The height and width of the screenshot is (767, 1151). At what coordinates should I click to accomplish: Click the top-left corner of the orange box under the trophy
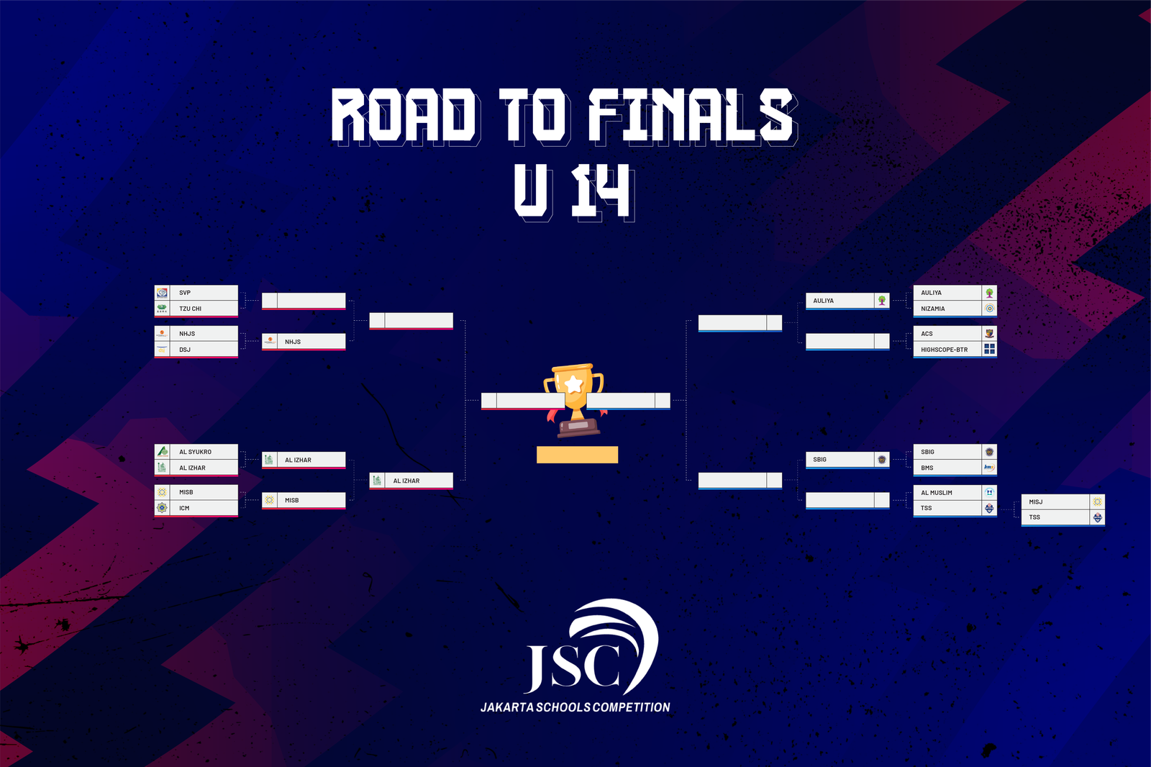(537, 446)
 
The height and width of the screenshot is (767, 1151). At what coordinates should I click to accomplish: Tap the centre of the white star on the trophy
(574, 383)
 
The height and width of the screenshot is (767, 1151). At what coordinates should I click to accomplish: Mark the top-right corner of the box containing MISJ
(1105, 494)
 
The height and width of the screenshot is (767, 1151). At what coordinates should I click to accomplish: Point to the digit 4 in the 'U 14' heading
(611, 191)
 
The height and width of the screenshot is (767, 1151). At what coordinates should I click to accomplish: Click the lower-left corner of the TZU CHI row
(155, 316)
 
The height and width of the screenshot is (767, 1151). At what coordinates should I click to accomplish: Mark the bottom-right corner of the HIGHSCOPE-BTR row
(997, 356)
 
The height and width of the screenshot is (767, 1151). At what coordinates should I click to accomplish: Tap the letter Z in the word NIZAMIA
(931, 309)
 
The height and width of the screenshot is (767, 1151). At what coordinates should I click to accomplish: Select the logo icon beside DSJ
(162, 350)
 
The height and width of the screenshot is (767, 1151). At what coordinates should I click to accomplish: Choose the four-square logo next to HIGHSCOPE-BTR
(990, 349)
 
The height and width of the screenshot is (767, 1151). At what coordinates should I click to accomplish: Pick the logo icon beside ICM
(162, 508)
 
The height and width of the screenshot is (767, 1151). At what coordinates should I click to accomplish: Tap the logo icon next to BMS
(990, 467)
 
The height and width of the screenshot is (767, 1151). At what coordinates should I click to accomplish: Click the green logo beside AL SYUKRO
(162, 451)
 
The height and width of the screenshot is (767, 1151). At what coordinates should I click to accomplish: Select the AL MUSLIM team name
(936, 492)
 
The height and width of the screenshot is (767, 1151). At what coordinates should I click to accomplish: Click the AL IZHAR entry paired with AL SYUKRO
(192, 468)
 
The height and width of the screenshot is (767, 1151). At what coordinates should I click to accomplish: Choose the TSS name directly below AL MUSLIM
(926, 508)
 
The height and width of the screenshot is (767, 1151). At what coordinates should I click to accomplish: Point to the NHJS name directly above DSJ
(187, 334)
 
